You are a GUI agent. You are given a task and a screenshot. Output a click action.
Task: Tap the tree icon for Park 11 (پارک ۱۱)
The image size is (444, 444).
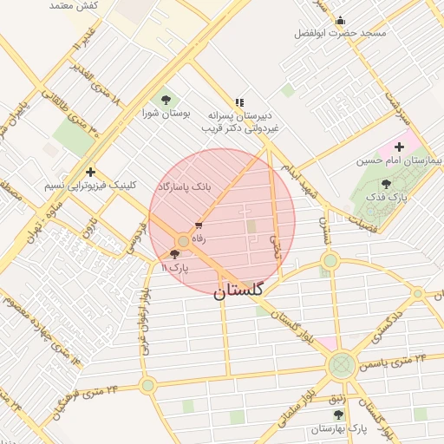click(x=176, y=255)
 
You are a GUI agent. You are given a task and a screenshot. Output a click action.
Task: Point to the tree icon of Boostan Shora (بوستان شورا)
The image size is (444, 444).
click(x=166, y=100)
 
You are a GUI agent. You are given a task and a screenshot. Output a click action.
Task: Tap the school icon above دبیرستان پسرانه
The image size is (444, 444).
click(x=239, y=101)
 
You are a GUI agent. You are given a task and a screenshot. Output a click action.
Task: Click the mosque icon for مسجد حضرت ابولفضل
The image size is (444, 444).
click(x=340, y=20)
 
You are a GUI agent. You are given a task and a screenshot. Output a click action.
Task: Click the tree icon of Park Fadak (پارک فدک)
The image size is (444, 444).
click(x=386, y=184)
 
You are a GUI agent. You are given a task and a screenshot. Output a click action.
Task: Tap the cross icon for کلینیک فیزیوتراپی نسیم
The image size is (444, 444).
click(x=90, y=172)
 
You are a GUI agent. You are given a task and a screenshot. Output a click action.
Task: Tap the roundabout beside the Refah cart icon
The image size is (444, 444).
click(x=184, y=240)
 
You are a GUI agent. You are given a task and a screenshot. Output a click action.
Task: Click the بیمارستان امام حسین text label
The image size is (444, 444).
click(x=399, y=161)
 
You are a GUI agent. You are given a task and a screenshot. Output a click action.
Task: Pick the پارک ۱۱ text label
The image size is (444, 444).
click(x=175, y=268)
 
